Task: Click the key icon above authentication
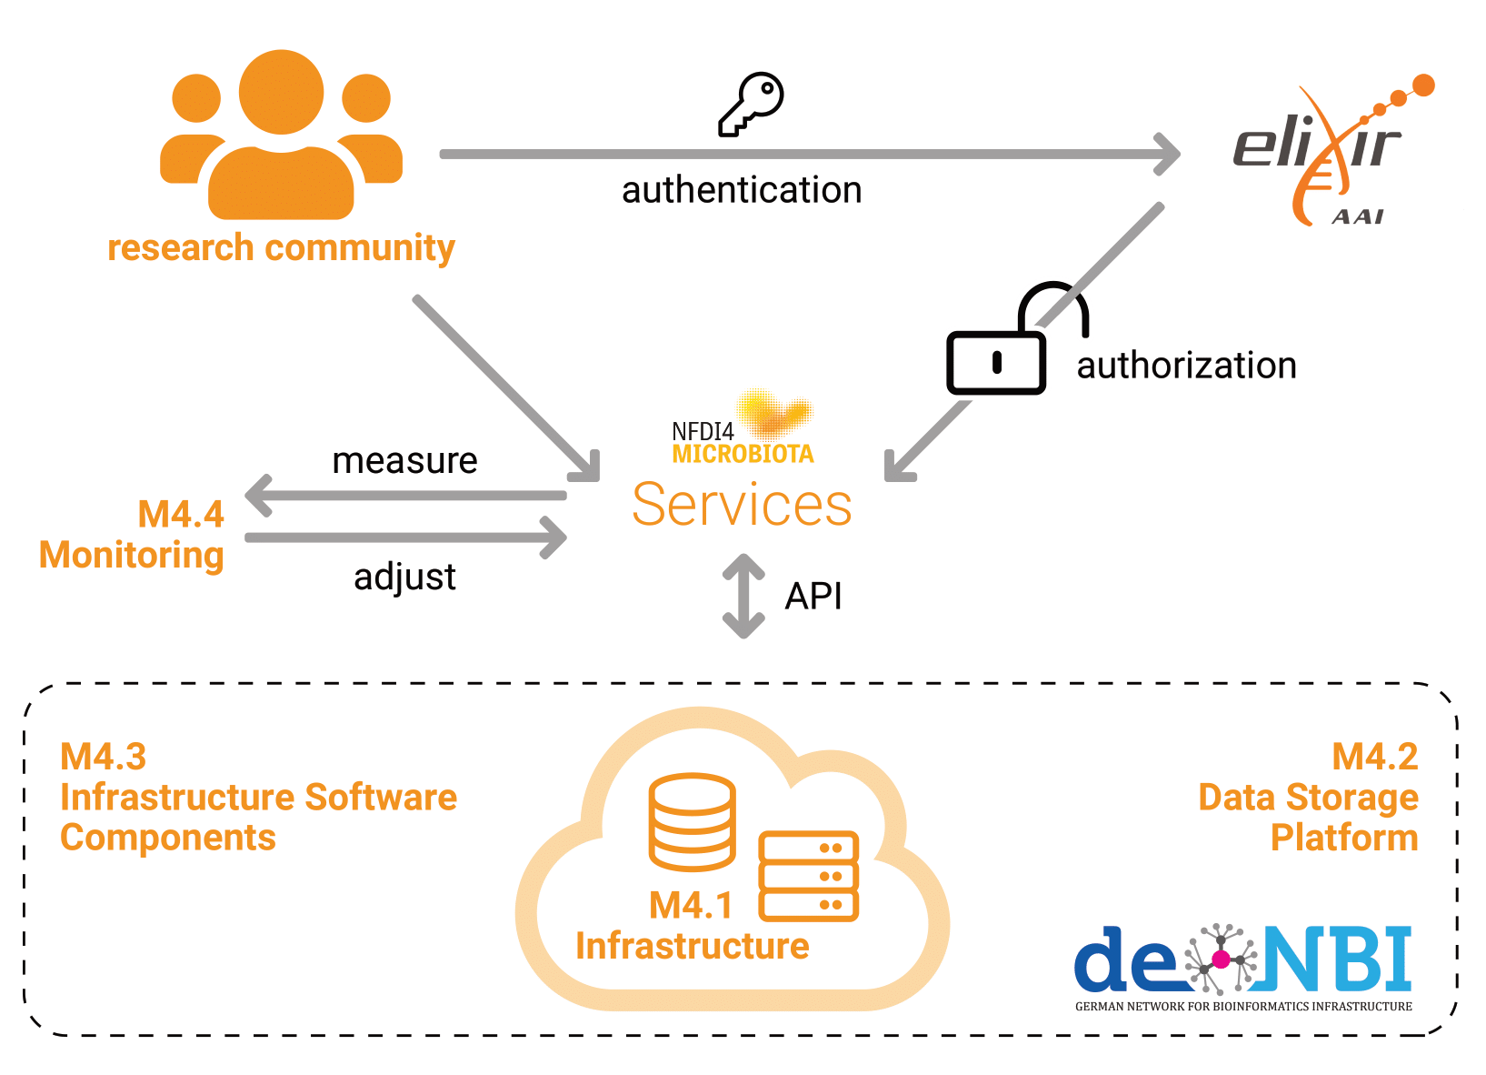point(752,104)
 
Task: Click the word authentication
point(742,191)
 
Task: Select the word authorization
point(1186,366)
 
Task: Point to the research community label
point(281,247)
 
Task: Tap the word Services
point(742,505)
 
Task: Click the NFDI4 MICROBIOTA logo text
point(742,442)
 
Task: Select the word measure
point(404,461)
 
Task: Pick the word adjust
point(404,577)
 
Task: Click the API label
point(813,597)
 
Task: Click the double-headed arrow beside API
point(743,596)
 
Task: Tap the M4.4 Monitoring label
point(133,535)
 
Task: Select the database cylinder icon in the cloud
point(693,821)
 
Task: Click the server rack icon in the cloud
point(809,876)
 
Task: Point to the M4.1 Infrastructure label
point(692,926)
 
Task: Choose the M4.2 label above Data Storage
point(1374,757)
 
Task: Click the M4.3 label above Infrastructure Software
point(103,757)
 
